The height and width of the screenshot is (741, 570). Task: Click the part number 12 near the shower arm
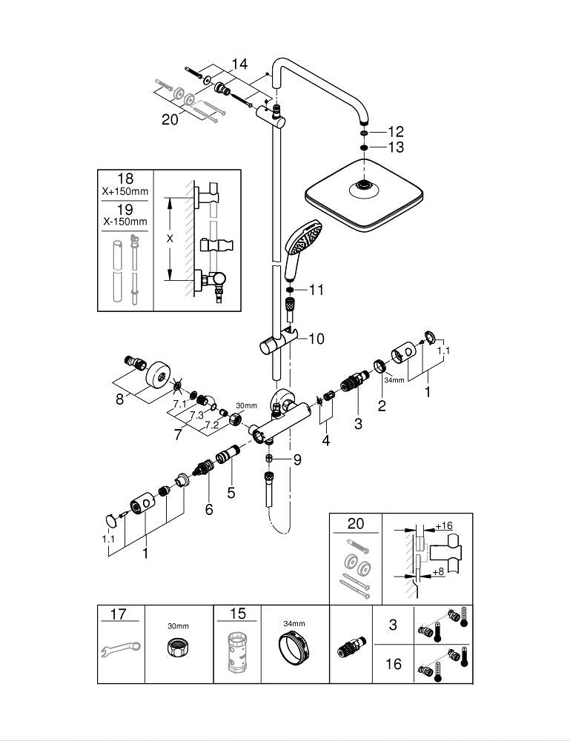point(396,132)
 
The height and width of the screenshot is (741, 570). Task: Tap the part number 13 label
point(396,147)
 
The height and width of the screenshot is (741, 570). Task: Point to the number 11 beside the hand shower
point(316,290)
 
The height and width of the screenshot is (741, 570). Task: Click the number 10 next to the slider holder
point(316,339)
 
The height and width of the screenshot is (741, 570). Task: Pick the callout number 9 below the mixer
point(296,460)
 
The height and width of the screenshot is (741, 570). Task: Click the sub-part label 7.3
point(196,416)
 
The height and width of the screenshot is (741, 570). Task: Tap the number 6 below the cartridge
point(209,510)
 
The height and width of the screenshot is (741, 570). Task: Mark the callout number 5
point(231,491)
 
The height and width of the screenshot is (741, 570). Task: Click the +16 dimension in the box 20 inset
point(443,526)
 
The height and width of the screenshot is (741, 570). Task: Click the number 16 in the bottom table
point(394,664)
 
